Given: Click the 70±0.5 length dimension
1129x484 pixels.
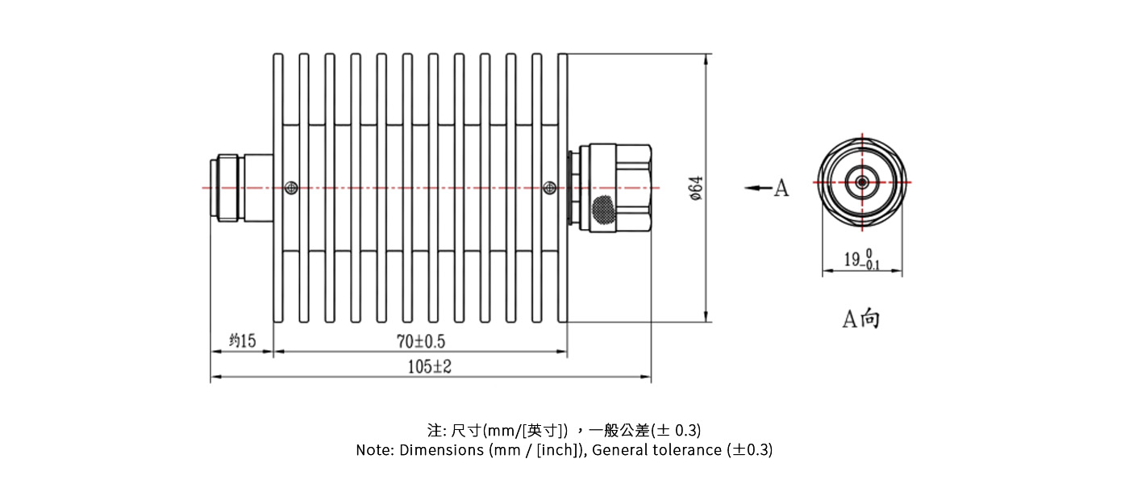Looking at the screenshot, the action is pos(421,341).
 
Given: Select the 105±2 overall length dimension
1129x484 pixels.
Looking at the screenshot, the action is pos(429,366).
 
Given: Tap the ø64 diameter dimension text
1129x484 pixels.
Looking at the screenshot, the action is pos(696,188).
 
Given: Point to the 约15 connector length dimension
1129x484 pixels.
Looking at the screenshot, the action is pos(243,340).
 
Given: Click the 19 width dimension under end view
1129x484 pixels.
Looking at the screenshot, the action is pos(862,259).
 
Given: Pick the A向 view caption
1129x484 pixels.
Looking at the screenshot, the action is pos(861,319).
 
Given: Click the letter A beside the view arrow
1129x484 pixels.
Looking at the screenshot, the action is pos(781,188).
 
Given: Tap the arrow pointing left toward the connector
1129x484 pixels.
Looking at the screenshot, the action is pos(759,188).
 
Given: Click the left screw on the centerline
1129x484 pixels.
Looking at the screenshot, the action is pos(291,188).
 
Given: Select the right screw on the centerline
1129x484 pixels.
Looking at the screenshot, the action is pos(550,188).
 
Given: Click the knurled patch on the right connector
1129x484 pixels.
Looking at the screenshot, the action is pos(603,209).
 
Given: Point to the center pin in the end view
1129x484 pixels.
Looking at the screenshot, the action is pos(862,182).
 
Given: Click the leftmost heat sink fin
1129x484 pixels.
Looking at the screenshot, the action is pos(278,188).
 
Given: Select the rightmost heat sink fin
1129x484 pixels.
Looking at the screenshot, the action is pos(563,188).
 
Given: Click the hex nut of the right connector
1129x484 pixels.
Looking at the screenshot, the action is pos(634,188).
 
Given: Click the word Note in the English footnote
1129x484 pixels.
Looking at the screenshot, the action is pos(373,450).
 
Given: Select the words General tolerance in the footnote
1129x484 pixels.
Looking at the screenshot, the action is pos(656,450).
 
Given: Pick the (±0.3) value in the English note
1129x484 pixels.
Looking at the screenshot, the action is pos(750,450).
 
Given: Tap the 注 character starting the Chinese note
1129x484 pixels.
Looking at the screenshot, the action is pos(435,430).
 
